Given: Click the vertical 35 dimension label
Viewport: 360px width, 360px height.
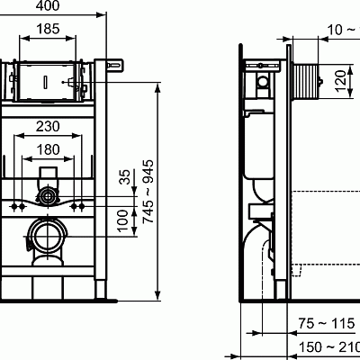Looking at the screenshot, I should pyautogui.click(x=124, y=178).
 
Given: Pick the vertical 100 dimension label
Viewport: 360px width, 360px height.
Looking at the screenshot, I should pyautogui.click(x=124, y=220).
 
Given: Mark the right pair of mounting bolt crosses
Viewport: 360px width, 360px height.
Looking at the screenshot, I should pyautogui.click(x=78, y=206).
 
